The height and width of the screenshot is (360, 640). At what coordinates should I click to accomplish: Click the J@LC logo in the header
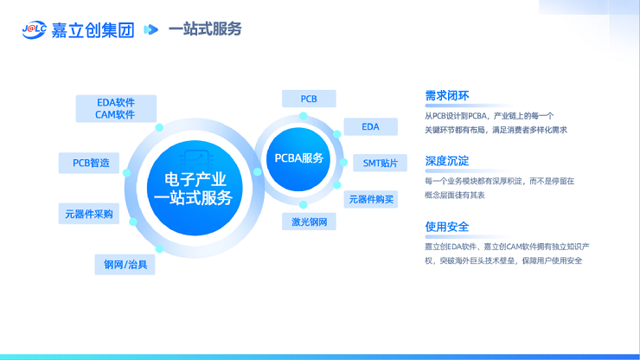click(35, 29)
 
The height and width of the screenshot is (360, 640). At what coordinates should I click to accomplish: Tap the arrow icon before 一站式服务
click(150, 29)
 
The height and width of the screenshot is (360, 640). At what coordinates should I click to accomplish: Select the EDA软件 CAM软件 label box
click(116, 109)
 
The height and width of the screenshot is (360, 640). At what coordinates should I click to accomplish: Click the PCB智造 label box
click(89, 163)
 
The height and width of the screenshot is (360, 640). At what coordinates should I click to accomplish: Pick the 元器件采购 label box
click(89, 214)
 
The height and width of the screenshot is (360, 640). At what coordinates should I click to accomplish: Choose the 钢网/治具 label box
click(125, 265)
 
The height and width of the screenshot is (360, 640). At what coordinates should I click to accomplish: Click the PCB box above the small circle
click(309, 99)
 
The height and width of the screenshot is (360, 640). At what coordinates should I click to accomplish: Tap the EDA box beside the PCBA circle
click(371, 126)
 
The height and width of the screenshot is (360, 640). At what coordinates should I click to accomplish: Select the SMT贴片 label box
click(380, 163)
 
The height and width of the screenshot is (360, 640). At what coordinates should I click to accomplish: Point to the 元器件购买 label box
click(371, 199)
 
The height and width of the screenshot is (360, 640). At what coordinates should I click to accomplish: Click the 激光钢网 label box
click(309, 222)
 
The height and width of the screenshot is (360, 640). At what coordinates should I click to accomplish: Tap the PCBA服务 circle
click(298, 159)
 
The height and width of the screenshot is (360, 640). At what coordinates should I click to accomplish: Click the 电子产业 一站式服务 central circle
click(195, 189)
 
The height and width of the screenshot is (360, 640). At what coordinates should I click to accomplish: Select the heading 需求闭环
click(447, 96)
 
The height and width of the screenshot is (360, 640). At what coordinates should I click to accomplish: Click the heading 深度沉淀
click(447, 161)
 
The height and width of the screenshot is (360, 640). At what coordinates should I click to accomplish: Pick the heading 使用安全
click(447, 227)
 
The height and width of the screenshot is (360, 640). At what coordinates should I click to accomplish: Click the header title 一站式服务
click(205, 29)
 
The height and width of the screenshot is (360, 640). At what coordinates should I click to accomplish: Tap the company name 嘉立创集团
click(93, 30)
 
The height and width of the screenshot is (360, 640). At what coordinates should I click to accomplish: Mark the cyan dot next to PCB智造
click(126, 173)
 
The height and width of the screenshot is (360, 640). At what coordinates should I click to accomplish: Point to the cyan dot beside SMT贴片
click(343, 163)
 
